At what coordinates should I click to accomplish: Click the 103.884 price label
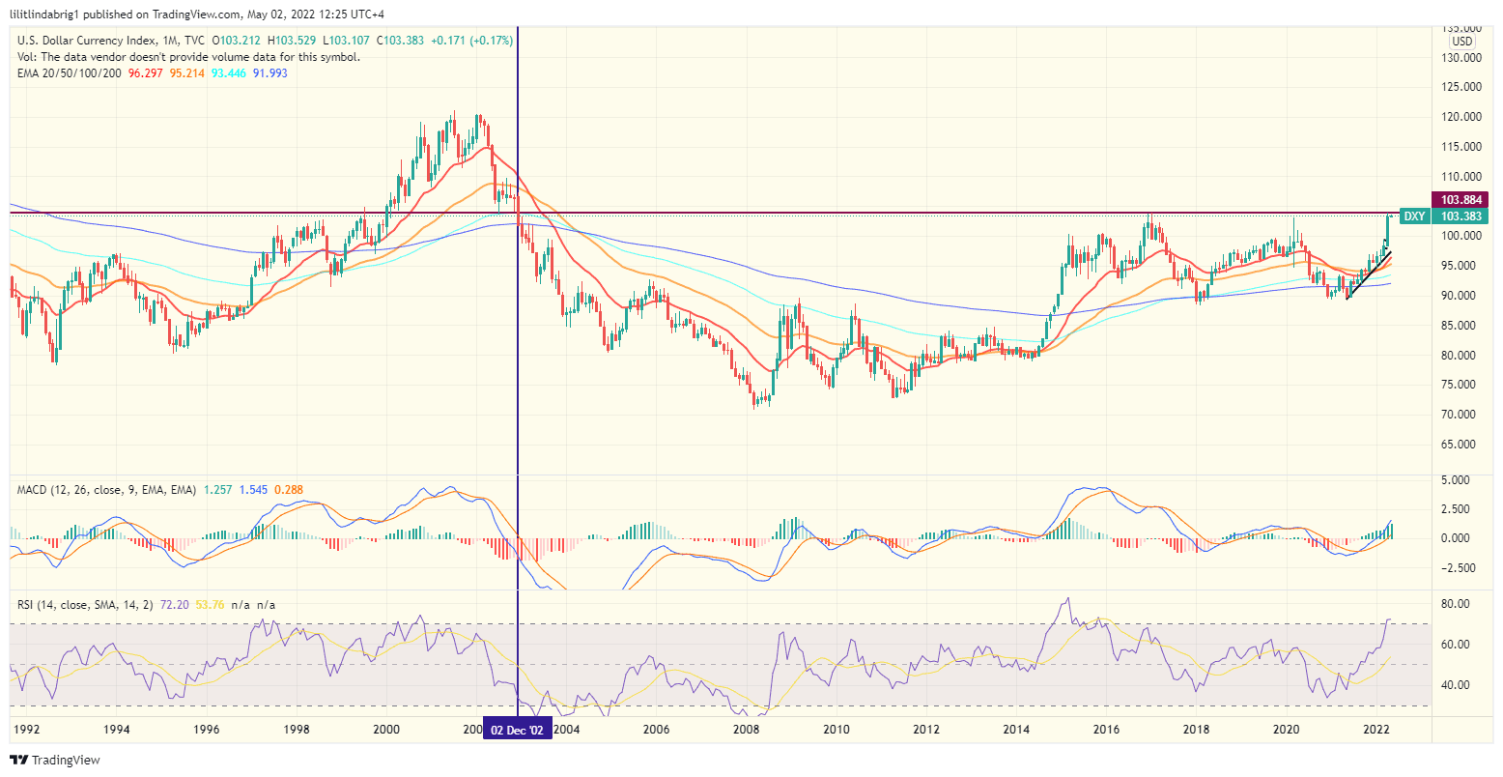(1460, 200)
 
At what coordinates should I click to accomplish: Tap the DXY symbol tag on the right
(1413, 216)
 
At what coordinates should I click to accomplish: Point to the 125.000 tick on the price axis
(1460, 87)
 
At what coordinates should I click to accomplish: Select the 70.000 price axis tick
(1460, 415)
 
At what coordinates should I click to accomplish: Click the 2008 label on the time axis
(746, 729)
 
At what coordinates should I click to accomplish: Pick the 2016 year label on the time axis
(1106, 729)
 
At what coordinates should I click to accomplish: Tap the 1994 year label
(117, 729)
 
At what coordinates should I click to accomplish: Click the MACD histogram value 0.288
(289, 490)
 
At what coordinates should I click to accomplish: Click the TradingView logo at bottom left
(55, 760)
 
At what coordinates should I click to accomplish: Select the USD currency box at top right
(1462, 42)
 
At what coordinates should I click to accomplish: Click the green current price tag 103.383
(1460, 216)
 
